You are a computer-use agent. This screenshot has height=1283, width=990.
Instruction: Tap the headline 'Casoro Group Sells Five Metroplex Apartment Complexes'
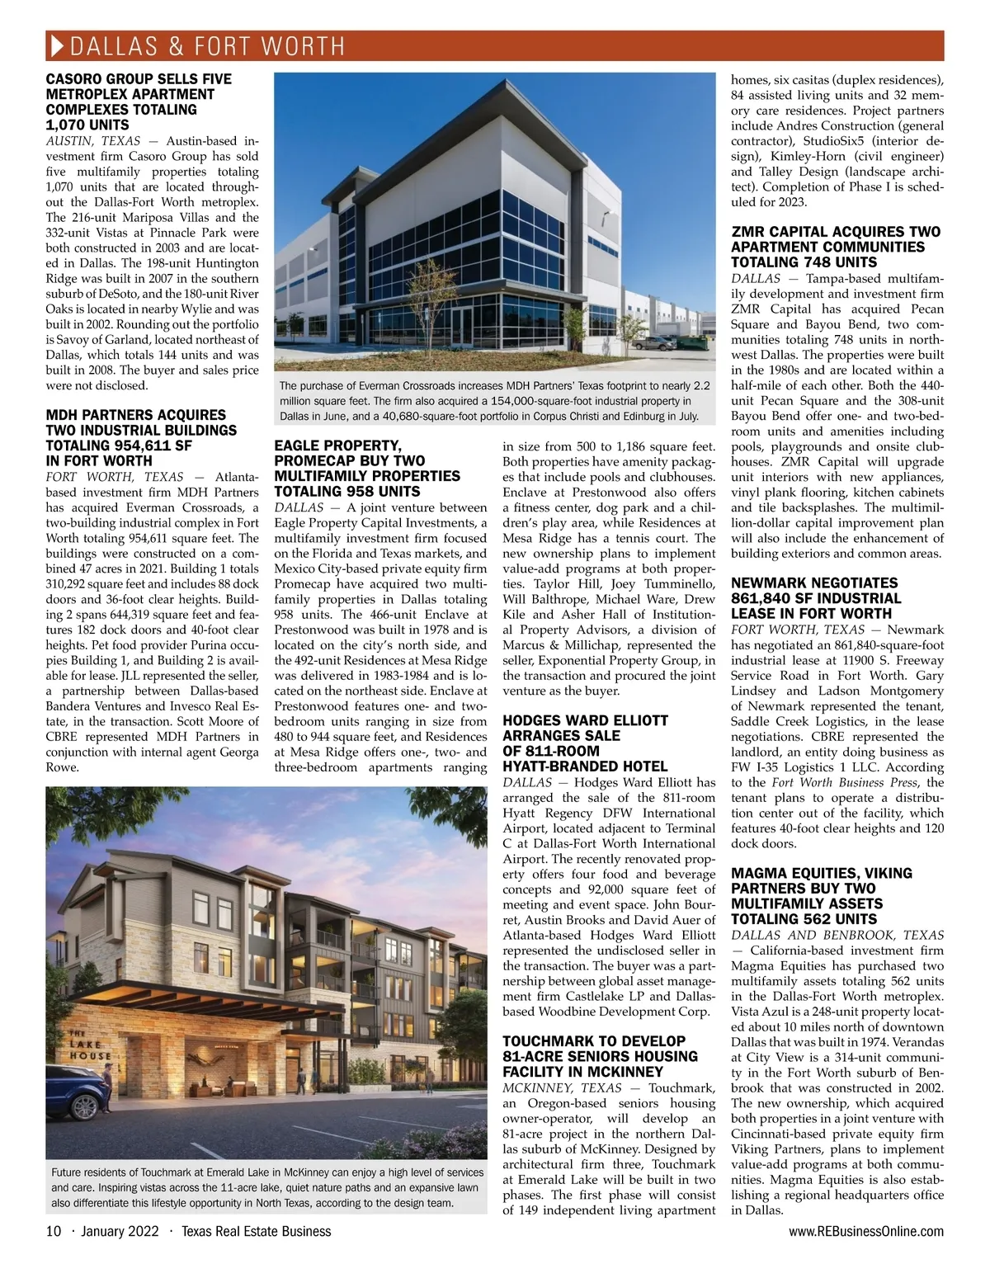coord(139,101)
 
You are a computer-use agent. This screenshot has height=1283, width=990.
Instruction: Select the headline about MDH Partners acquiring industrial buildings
coord(140,437)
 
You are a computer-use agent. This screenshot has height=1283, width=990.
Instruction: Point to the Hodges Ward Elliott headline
coord(585,743)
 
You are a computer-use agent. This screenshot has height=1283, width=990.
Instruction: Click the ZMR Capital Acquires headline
coord(835,247)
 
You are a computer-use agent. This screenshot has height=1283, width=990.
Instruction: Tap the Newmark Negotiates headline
coord(816,598)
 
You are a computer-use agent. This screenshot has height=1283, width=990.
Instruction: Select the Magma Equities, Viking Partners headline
coord(822,895)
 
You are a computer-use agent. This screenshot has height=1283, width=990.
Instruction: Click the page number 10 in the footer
coord(54,1232)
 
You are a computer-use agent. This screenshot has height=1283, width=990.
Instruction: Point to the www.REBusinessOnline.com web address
coord(866,1232)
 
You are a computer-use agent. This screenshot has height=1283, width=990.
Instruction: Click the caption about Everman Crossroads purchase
coord(493,401)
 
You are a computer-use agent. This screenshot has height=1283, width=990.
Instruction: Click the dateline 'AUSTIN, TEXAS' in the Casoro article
coord(92,141)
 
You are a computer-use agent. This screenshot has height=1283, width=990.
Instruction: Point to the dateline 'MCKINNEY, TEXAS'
coord(562,1087)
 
